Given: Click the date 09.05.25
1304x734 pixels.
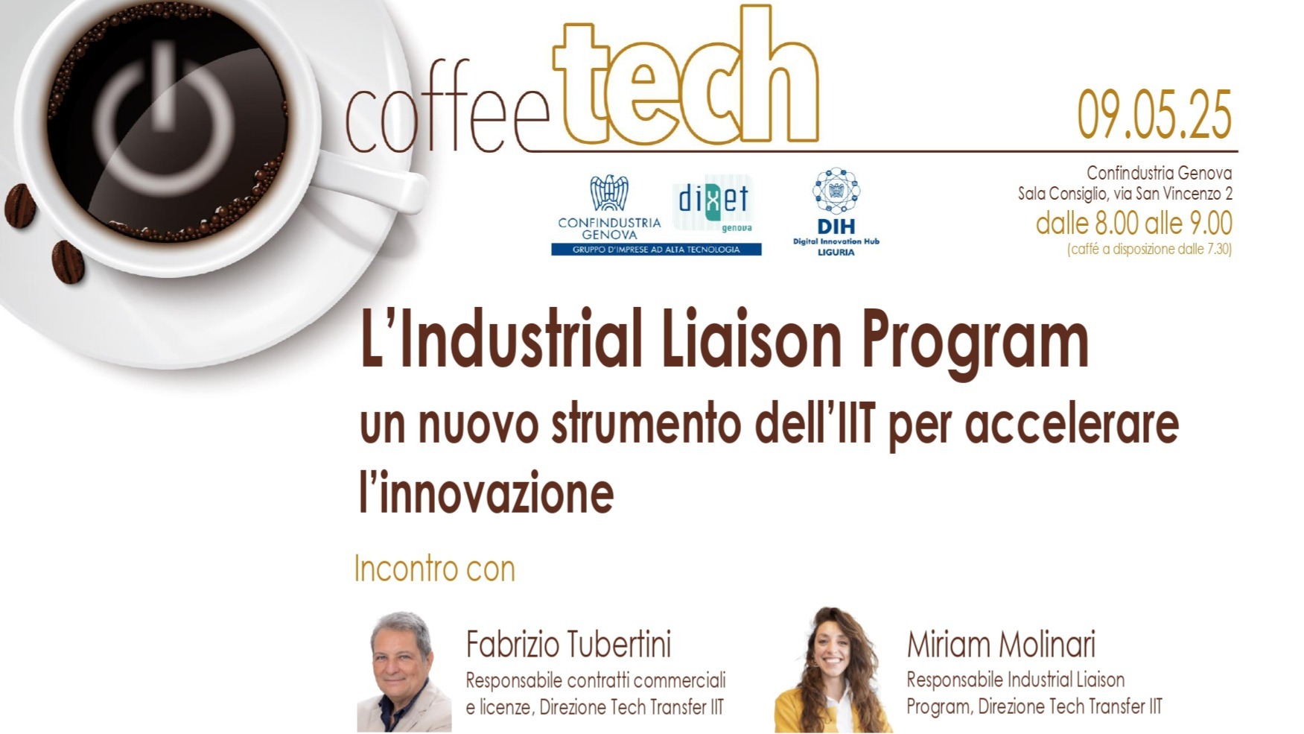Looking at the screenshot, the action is (x=1154, y=116).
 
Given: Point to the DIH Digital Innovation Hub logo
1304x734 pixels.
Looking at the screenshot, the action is (x=836, y=212).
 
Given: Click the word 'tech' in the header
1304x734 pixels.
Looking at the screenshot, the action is (x=686, y=78).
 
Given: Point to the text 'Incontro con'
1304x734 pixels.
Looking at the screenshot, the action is (x=435, y=569).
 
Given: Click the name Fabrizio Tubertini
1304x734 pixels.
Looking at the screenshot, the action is (x=568, y=645).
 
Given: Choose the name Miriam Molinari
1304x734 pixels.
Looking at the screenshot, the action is (x=1001, y=645).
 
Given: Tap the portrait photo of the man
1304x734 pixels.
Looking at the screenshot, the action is (x=404, y=672).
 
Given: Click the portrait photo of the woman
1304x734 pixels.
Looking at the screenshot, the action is (x=833, y=671).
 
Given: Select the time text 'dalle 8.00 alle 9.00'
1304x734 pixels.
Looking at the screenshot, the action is (x=1133, y=223).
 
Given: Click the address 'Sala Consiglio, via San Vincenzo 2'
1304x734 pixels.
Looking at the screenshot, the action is (x=1125, y=194).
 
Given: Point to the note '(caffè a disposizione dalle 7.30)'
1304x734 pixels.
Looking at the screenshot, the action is (x=1149, y=249).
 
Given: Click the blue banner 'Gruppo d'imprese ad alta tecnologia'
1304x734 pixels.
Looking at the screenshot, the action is (x=656, y=250).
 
